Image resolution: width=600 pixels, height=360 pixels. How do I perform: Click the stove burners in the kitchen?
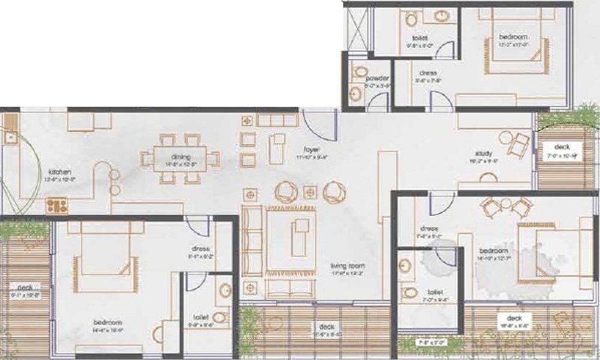58,206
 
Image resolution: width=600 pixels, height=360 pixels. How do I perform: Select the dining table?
180,159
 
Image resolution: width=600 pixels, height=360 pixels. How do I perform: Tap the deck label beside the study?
562,147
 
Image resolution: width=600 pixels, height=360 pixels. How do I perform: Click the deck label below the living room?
326,326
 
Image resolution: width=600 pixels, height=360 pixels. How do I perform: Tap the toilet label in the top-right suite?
419,38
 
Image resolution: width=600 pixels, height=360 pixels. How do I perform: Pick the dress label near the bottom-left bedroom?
200,249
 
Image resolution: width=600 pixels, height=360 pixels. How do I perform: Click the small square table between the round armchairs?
310,192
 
